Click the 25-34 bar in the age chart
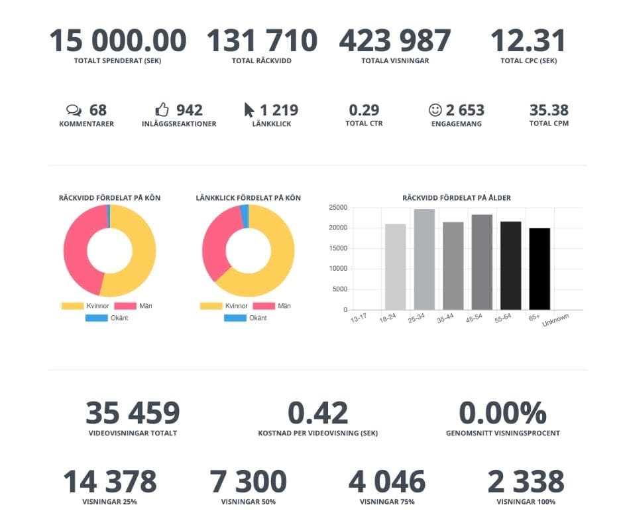tap(424, 260)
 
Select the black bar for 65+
tap(539, 269)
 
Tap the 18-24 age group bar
tap(395, 267)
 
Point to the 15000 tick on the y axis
tap(339, 248)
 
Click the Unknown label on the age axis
tap(556, 320)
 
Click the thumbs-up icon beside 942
tap(162, 110)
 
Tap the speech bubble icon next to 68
tap(74, 110)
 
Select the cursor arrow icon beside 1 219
tap(249, 110)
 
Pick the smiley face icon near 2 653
tap(435, 110)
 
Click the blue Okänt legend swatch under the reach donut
tap(97, 318)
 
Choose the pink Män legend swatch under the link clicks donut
tap(264, 306)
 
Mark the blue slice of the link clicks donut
tap(245, 216)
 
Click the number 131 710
tap(262, 40)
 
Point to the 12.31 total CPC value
tap(528, 40)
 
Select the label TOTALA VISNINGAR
tap(395, 61)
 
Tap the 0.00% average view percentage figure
tap(502, 413)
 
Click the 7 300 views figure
tap(248, 482)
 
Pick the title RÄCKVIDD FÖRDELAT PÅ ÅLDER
tap(457, 198)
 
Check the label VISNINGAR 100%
tap(526, 502)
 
